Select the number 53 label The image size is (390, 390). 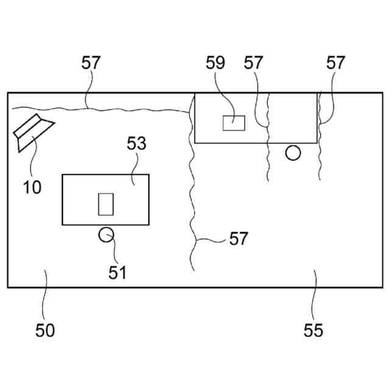pyautogui.click(x=136, y=144)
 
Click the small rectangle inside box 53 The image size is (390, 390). pyautogui.click(x=106, y=204)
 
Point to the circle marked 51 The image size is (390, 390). pyautogui.click(x=107, y=235)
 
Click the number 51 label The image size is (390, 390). pyautogui.click(x=117, y=272)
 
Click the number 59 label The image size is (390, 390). pyautogui.click(x=216, y=63)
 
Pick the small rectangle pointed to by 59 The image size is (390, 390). pyautogui.click(x=234, y=122)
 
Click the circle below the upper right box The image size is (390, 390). pyautogui.click(x=293, y=152)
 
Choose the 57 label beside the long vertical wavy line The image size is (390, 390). pyautogui.click(x=239, y=238)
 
